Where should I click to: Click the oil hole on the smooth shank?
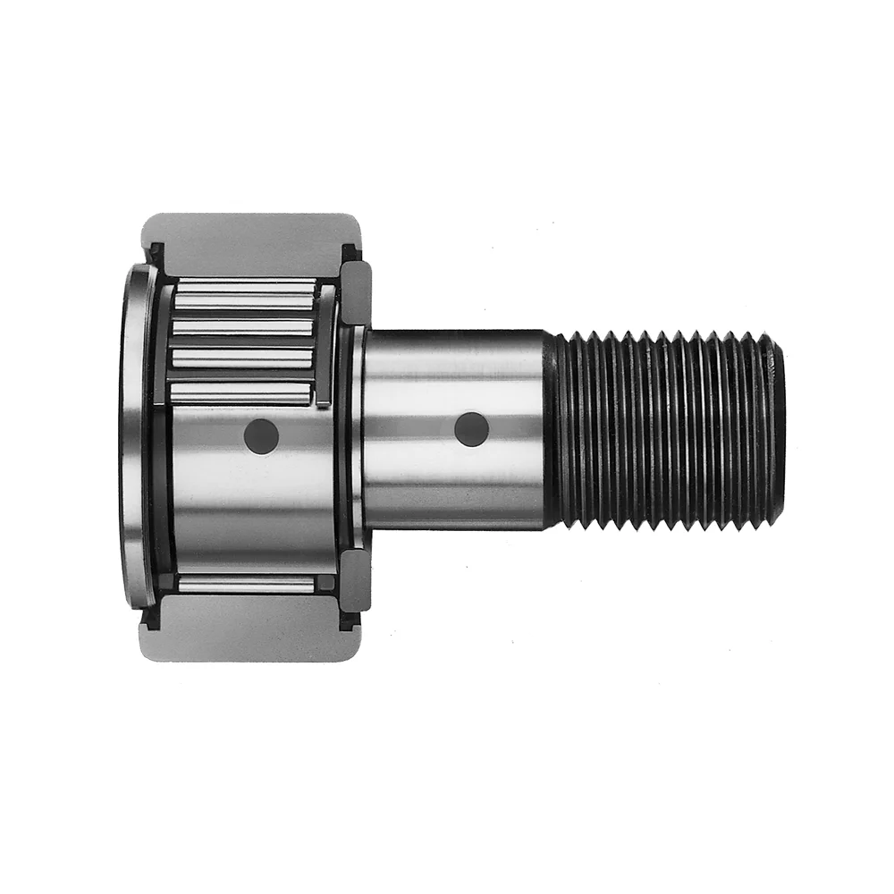point(471,430)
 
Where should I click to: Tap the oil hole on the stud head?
point(261,435)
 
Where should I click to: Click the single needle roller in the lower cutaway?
point(246,585)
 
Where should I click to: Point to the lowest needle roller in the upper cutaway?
point(241,392)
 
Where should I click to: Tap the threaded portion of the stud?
point(666,429)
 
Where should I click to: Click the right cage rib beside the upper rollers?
point(325,344)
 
